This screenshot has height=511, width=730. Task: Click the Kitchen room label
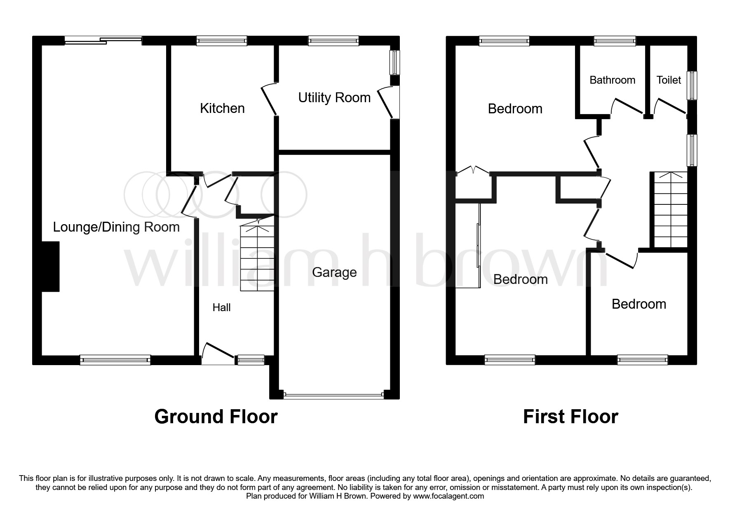tap(222, 108)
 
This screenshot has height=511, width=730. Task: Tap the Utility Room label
tap(334, 98)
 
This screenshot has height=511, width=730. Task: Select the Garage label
tap(334, 272)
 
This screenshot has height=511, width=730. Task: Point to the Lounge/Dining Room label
tap(116, 227)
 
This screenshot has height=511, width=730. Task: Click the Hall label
tap(221, 307)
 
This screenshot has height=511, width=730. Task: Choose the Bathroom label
tap(612, 80)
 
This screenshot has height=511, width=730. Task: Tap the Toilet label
tap(669, 80)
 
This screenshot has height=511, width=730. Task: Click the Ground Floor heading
tap(216, 417)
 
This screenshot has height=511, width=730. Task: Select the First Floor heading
tap(570, 417)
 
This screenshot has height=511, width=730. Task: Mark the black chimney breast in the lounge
tap(51, 266)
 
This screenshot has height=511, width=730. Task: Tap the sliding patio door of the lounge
tap(103, 40)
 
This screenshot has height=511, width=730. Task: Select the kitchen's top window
tap(221, 40)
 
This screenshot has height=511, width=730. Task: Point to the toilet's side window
tap(692, 86)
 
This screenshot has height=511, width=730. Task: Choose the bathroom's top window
tap(615, 40)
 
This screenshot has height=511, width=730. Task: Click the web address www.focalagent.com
tap(448, 496)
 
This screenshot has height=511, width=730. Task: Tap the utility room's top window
tap(333, 40)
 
